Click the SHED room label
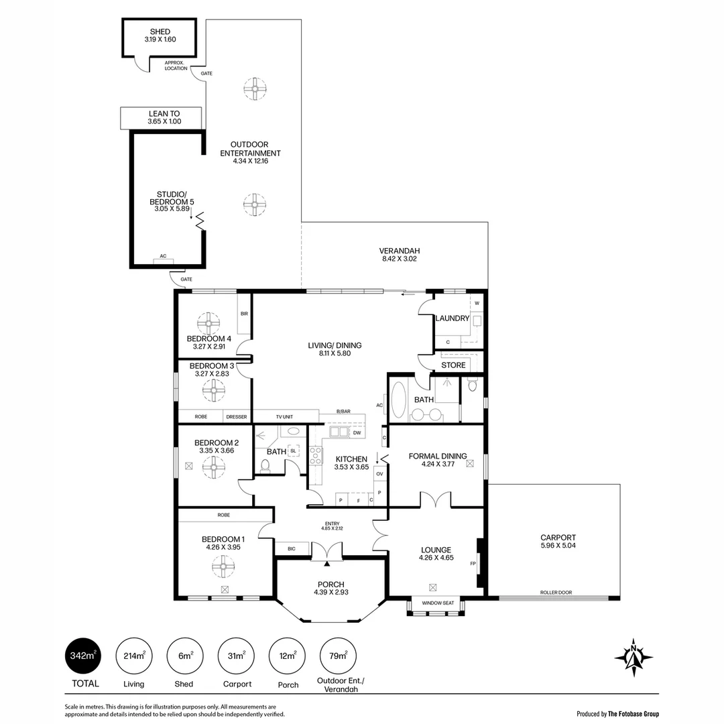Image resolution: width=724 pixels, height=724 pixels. click(160, 32)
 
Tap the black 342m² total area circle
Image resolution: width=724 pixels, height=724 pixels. click(82, 655)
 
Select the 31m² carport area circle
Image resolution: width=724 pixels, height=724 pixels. click(236, 656)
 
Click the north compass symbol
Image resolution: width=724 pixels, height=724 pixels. click(633, 658)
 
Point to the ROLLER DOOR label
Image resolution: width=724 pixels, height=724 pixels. click(556, 593)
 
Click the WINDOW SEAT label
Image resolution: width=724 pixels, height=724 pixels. click(438, 603)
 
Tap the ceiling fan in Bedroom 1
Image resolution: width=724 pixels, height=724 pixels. click(224, 566)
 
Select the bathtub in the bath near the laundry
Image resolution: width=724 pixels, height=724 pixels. click(398, 400)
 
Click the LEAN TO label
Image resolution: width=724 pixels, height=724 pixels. click(164, 113)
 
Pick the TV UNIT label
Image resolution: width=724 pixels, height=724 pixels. click(284, 417)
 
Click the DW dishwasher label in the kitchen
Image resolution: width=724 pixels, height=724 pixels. click(357, 433)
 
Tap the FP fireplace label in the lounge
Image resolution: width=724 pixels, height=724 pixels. click(473, 563)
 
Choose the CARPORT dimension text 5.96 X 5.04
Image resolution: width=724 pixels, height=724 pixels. click(558, 545)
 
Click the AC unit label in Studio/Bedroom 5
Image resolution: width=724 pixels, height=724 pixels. click(163, 256)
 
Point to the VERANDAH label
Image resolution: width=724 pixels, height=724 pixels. click(400, 251)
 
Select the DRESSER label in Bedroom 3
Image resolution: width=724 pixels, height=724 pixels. click(237, 417)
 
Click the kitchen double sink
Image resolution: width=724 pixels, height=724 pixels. click(339, 432)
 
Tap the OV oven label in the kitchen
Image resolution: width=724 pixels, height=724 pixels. click(379, 474)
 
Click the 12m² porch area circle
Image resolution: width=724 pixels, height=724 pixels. click(287, 656)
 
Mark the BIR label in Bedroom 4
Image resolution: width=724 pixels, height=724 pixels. click(244, 314)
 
